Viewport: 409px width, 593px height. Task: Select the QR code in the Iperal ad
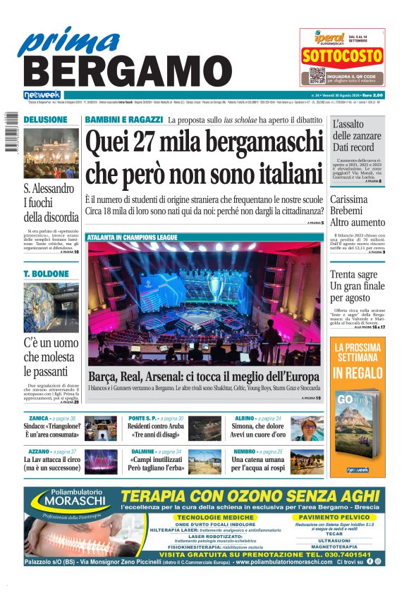pyautogui.click(x=317, y=75)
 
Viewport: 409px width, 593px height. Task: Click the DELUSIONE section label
pyautogui.click(x=46, y=120)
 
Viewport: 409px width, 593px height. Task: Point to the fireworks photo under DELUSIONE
pyautogui.click(x=51, y=153)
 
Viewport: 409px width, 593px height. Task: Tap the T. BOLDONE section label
pyautogui.click(x=47, y=273)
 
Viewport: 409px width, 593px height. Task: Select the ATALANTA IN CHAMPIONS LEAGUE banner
pyautogui.click(x=132, y=238)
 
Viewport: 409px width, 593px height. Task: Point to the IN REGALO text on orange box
pyautogui.click(x=358, y=372)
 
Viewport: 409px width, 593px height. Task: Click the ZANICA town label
pyautogui.click(x=34, y=418)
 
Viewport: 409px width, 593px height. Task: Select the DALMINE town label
pyautogui.click(x=141, y=451)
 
